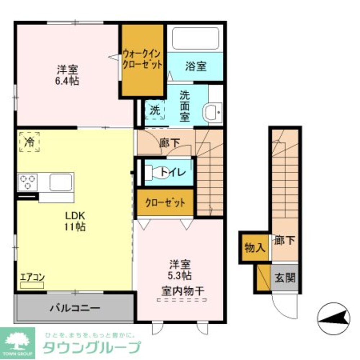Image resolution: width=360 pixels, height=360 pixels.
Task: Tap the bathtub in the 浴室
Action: [x=195, y=39]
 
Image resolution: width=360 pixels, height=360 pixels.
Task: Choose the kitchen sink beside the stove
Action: [x=61, y=182]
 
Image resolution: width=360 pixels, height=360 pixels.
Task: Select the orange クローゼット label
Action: [x=165, y=203]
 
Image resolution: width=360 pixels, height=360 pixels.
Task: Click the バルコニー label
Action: [x=75, y=309]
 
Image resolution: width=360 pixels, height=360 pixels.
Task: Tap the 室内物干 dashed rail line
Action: [x=185, y=300]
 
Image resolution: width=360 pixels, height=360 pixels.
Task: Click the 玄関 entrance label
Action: [x=285, y=278]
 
